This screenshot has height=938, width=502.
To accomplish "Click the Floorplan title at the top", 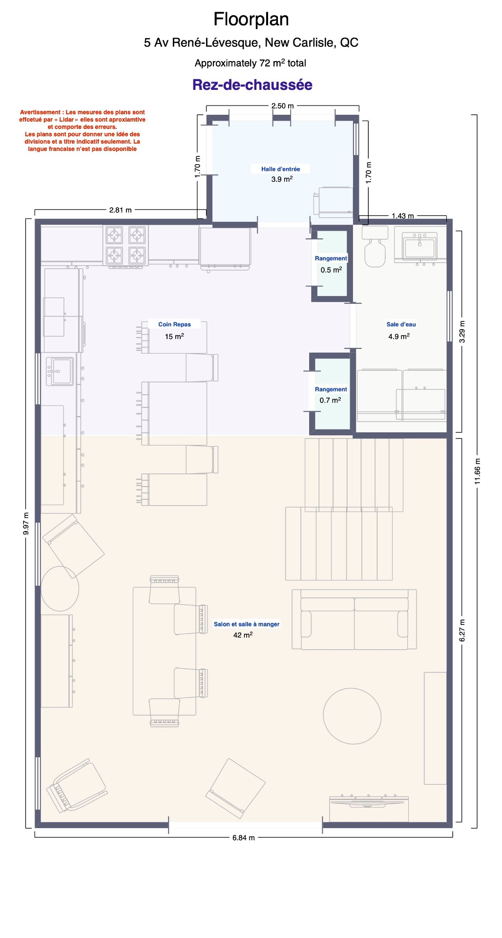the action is click(x=251, y=20).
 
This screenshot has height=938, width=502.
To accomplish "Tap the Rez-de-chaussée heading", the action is click(x=252, y=85).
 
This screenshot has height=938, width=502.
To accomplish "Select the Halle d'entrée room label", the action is click(x=280, y=169).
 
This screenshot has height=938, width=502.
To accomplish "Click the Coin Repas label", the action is click(x=174, y=324).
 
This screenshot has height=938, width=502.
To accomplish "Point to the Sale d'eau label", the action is click(x=401, y=324).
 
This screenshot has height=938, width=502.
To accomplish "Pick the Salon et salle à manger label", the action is click(x=247, y=624).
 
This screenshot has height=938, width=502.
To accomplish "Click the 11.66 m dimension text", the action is click(x=478, y=471).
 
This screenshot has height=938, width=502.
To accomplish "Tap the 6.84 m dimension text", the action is click(x=243, y=837).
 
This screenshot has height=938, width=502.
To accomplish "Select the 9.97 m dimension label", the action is click(x=26, y=523).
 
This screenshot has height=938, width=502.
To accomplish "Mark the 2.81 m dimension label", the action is click(x=120, y=210).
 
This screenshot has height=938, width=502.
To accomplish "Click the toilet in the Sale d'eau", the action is click(x=375, y=246).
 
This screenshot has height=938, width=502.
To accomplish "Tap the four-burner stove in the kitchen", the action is click(x=125, y=246).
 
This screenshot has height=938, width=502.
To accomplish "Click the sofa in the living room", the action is click(x=354, y=619).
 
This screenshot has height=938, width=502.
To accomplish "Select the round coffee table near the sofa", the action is click(x=352, y=716).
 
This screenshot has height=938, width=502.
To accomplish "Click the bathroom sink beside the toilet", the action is click(x=419, y=245).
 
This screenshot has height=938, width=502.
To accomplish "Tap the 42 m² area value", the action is click(x=243, y=635).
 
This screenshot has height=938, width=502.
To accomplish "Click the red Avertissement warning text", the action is click(x=82, y=130).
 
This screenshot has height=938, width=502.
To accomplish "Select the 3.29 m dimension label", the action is click(x=462, y=331).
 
